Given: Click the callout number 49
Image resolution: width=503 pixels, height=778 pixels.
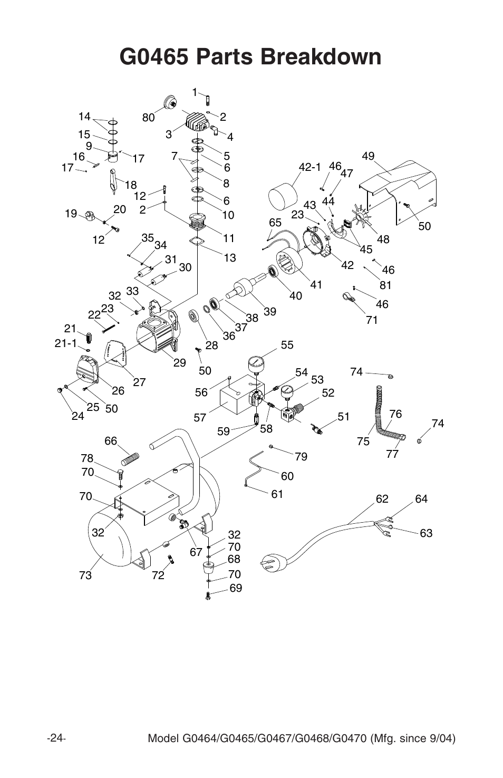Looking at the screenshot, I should click(x=367, y=156).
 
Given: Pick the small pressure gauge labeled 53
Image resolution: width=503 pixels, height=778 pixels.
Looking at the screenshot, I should click(x=287, y=391).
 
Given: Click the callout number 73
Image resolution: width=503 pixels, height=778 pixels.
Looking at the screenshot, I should click(x=85, y=575).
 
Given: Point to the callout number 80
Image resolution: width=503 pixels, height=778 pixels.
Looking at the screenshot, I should click(x=148, y=118).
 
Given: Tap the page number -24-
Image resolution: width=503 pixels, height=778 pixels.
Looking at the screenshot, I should click(x=56, y=737).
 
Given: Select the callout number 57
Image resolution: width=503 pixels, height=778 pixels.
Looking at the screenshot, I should click(x=199, y=418).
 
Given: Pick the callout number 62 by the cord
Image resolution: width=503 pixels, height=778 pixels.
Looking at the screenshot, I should click(x=382, y=498).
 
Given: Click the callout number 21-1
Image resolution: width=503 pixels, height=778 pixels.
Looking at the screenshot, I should click(x=65, y=343).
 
